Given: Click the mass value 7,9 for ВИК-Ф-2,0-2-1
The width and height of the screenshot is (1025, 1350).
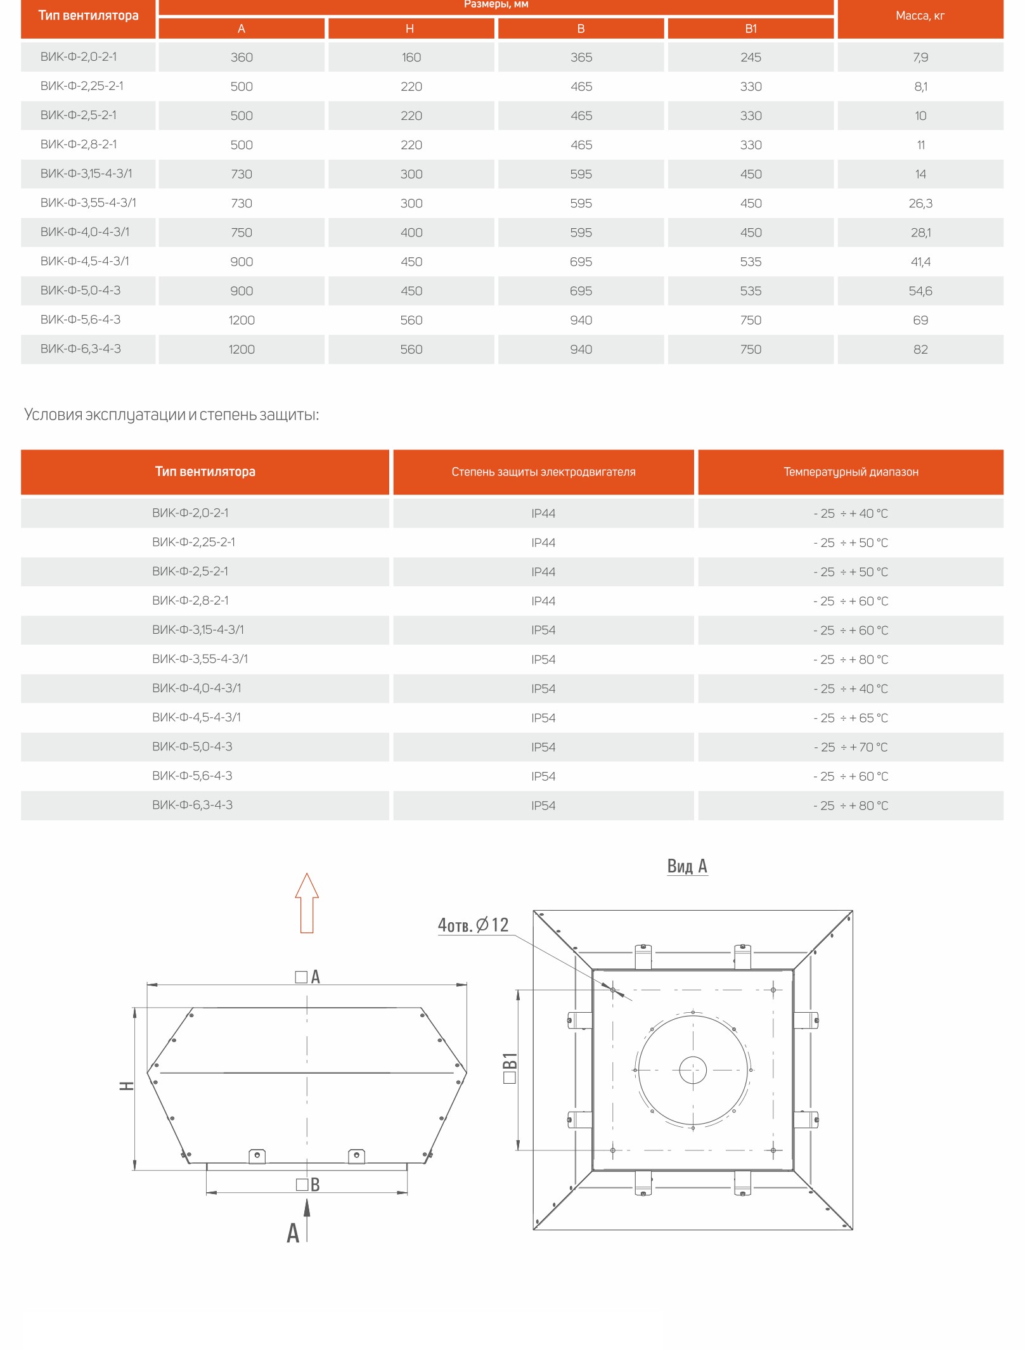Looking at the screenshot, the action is pos(920,57).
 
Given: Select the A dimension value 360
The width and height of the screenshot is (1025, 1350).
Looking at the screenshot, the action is pos(242,57).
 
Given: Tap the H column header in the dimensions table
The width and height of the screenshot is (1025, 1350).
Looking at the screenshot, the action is pos(410,29).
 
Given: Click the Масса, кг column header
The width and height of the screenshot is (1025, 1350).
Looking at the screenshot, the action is pos(920,16).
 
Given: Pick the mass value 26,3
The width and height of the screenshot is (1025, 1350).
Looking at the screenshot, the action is pos(920,203).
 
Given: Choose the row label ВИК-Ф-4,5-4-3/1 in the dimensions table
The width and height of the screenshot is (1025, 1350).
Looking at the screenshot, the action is pos(85,261).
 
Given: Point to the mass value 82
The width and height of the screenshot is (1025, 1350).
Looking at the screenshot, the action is pos(920,349).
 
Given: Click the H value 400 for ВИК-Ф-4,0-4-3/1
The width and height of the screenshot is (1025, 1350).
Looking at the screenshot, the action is pos(411,233).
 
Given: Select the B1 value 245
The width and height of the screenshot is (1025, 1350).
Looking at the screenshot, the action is pos(751,57).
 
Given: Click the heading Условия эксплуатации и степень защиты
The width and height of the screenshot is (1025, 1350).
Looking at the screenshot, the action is pos(171,415).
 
